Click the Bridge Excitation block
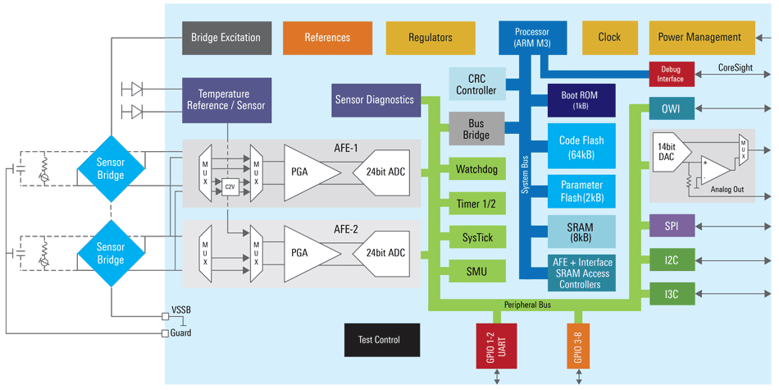[x=225, y=38]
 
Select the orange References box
[x=327, y=38]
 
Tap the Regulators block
[x=430, y=38]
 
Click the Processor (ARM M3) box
[x=532, y=37]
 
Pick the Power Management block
[x=699, y=38]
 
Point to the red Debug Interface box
[x=670, y=74]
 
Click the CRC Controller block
[x=476, y=85]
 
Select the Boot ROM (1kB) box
[x=581, y=100]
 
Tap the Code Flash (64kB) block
[x=581, y=147]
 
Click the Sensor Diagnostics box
[x=374, y=100]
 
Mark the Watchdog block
[x=476, y=171]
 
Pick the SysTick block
[x=476, y=237]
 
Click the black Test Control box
[x=382, y=340]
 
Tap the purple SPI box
[x=670, y=226]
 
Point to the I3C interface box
[x=670, y=293]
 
